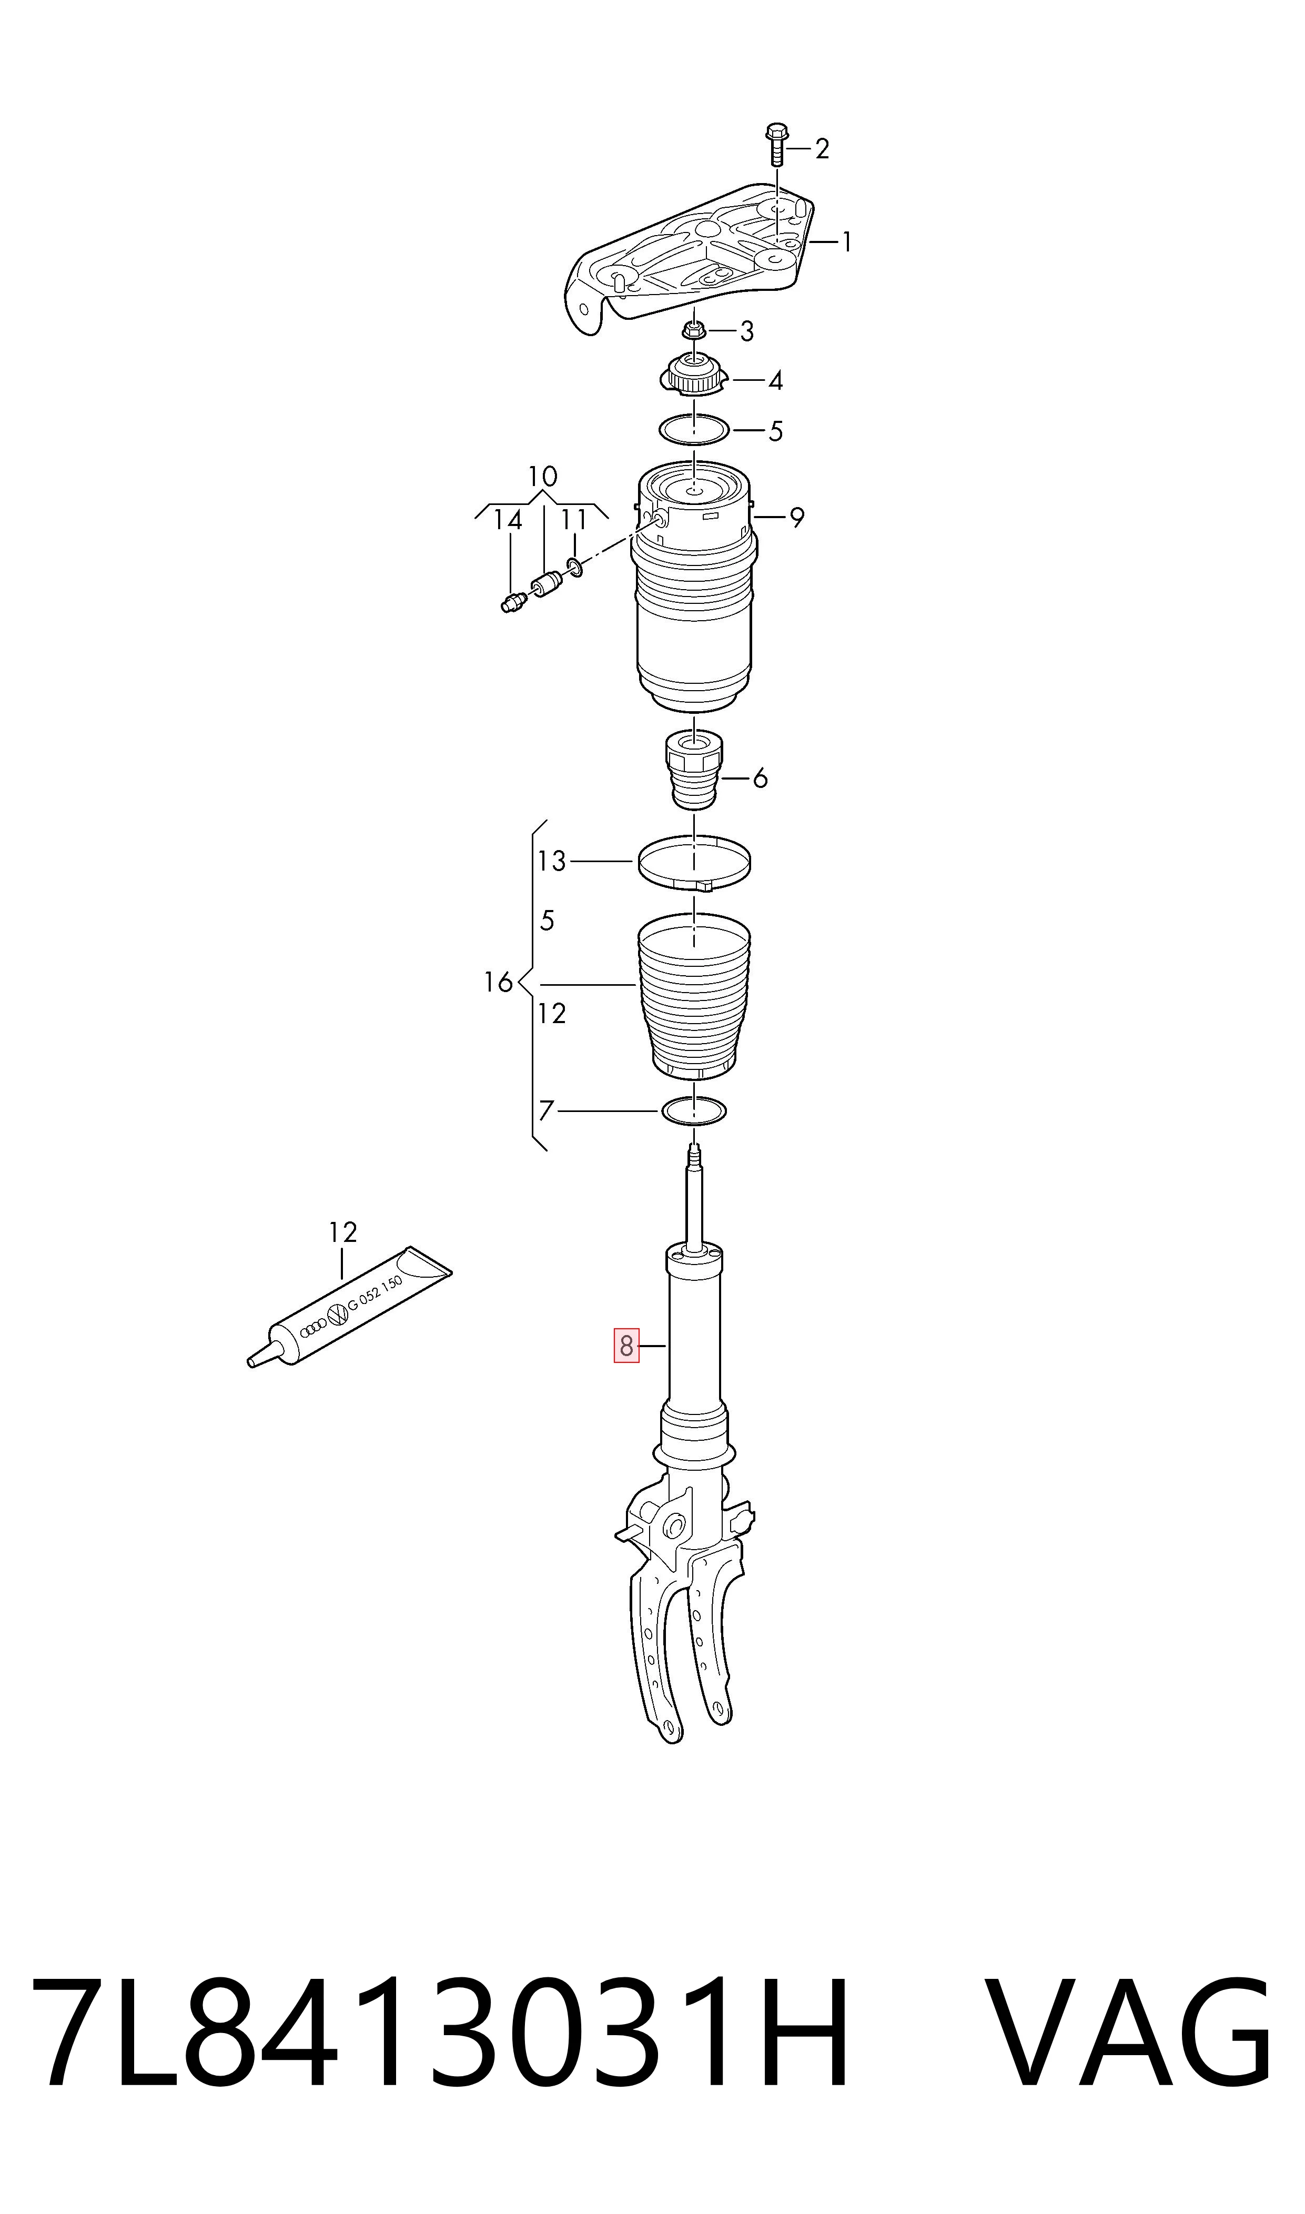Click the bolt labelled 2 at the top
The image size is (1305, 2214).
[x=776, y=145]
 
